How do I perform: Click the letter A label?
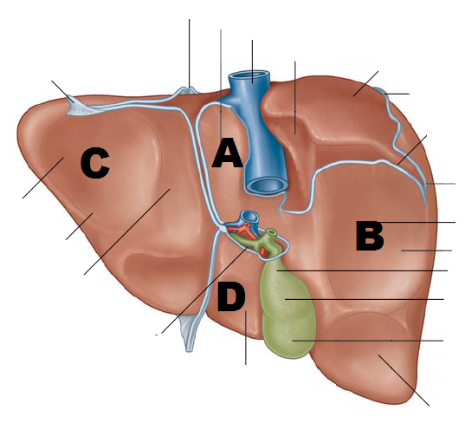click(228, 153)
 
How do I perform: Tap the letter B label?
click(370, 236)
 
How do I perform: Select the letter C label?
click(95, 163)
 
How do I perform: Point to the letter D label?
click(231, 296)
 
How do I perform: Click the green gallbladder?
click(286, 309)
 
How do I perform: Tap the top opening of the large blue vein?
click(249, 75)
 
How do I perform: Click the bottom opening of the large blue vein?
click(266, 186)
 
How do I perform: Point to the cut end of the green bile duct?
click(270, 232)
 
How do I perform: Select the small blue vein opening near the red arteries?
click(249, 217)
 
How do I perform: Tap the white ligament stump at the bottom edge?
click(189, 334)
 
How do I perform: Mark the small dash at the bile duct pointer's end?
click(157, 335)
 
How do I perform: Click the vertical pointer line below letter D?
click(246, 337)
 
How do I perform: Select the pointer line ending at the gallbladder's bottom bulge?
click(368, 341)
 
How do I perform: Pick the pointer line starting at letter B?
click(417, 222)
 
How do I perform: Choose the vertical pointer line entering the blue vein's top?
click(252, 62)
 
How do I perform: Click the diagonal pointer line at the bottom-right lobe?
click(404, 380)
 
